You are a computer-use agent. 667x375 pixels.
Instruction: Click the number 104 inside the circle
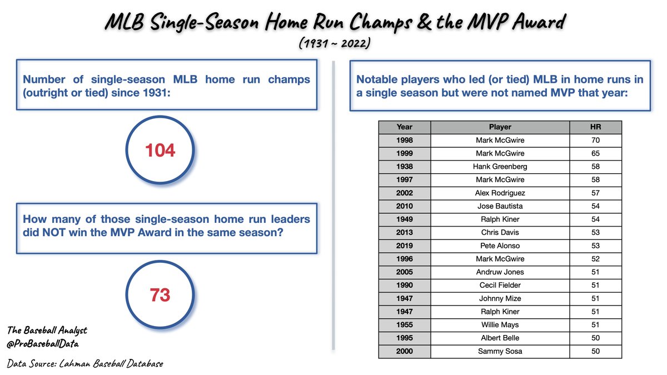160,150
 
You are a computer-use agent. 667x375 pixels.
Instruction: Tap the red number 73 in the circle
160,295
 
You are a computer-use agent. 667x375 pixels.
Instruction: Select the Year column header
404,127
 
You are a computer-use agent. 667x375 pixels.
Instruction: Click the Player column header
500,127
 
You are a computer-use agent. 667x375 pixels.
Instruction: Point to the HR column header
596,127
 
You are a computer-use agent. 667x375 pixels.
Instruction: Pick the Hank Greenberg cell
500,167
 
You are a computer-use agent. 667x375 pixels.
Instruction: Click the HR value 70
596,140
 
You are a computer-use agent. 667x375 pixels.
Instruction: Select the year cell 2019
404,246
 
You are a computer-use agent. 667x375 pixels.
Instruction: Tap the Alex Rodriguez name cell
500,193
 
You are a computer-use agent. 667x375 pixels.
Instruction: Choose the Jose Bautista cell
500,206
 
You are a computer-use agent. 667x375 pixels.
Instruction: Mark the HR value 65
596,153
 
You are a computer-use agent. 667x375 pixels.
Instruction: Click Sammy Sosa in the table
500,351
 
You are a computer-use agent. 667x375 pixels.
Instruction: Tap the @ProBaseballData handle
43,344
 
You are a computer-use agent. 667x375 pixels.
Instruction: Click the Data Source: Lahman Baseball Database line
85,364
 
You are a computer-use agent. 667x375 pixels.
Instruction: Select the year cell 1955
404,325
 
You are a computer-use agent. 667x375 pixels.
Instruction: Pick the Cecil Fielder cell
500,285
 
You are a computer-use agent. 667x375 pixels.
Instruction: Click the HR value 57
596,193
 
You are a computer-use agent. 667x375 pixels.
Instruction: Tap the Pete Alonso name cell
500,246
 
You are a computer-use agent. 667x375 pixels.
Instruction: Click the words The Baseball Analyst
47,331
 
